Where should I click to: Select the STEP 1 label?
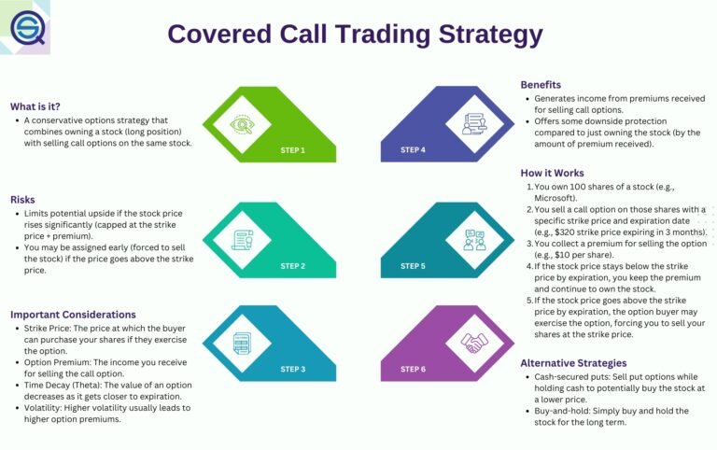(293, 149)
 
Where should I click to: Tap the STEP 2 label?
(293, 266)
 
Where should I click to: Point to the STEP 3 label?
(293, 370)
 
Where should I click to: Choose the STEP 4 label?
(413, 149)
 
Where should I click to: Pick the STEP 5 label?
(413, 266)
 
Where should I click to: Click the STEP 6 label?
(413, 370)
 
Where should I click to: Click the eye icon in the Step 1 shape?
(242, 124)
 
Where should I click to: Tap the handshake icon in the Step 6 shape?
(474, 343)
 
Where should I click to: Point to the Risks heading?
(23, 200)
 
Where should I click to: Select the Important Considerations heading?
(73, 315)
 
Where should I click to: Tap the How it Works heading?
(553, 173)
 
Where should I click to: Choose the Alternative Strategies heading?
(573, 363)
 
